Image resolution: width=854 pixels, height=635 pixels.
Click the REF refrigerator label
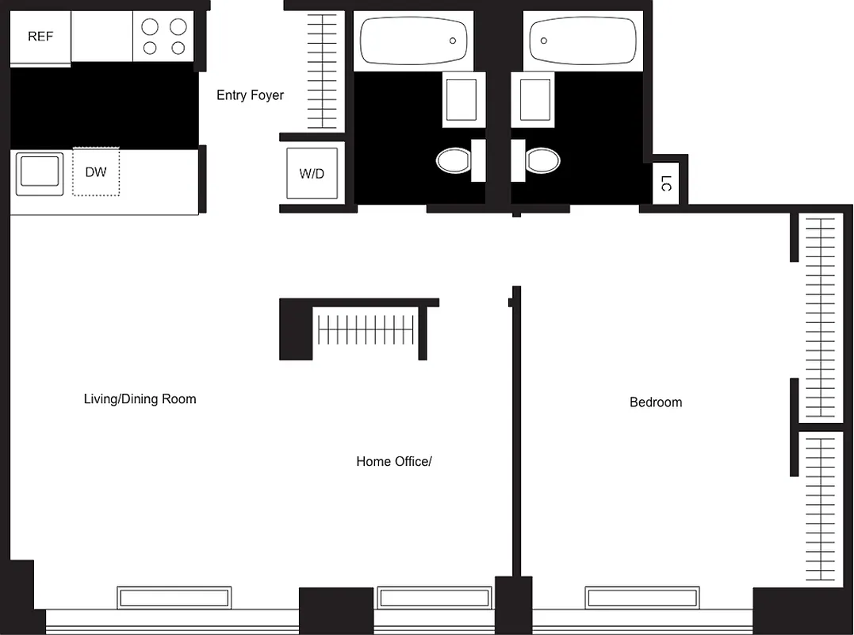tap(40, 37)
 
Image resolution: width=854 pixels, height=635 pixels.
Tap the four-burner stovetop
tap(163, 37)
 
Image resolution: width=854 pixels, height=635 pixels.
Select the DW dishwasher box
tap(96, 171)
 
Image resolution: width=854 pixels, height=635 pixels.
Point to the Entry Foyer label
tap(250, 95)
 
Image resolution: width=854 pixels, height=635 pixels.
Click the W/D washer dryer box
tap(312, 174)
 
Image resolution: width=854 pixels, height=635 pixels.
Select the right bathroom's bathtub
tap(583, 40)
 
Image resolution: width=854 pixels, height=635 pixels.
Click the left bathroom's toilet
tap(454, 160)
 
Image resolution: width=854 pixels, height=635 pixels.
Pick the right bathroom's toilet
tap(542, 160)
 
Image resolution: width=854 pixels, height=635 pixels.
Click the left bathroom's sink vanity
tap(461, 99)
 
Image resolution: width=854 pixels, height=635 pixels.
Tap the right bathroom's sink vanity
tap(535, 99)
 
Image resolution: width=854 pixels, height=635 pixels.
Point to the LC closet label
tap(666, 183)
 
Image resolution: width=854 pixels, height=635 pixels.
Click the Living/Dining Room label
tap(140, 398)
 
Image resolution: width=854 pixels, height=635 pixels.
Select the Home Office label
tap(393, 461)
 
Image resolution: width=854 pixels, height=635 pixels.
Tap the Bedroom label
tap(655, 402)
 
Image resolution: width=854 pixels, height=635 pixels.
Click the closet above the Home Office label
tap(366, 329)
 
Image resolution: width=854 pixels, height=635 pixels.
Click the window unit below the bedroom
tap(642, 598)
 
